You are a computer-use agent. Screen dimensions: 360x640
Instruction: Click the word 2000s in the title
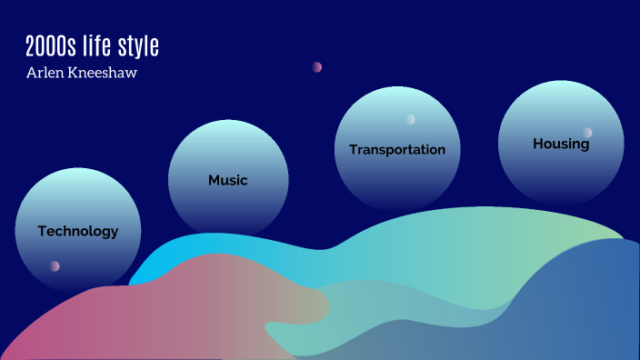50,47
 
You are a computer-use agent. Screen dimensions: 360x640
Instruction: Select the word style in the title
141,47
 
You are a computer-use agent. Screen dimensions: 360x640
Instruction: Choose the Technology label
78,231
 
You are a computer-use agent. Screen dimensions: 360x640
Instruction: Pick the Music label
228,180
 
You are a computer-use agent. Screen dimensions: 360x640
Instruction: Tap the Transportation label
397,149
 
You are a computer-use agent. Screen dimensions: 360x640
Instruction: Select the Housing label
561,144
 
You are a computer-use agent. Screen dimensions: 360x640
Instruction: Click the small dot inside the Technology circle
55,266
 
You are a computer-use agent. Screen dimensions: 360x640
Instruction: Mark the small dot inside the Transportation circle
411,119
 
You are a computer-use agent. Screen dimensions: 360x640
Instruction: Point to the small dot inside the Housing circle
588,132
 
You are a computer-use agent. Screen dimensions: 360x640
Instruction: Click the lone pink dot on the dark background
317,66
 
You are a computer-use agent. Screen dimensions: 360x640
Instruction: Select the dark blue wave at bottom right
582,309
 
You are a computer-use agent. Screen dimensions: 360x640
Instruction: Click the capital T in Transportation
353,149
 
